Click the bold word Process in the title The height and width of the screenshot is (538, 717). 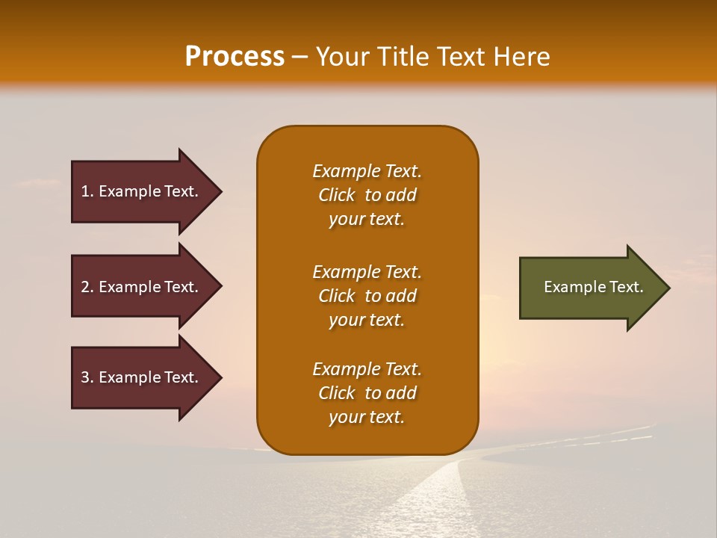(235, 57)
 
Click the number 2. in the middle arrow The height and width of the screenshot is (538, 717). (87, 287)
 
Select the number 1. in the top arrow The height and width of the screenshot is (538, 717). (87, 191)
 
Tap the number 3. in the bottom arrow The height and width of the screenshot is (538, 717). (87, 377)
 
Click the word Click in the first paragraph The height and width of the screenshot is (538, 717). (337, 195)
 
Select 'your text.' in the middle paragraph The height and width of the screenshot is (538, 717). (367, 320)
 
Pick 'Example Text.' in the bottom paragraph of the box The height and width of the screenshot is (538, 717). (367, 369)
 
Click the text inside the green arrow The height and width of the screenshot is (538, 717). (594, 287)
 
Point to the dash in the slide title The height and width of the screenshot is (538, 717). (300, 58)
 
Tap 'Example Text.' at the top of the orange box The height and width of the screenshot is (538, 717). (367, 171)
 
